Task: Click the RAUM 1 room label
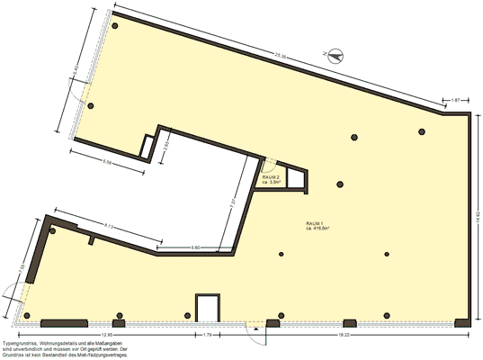pyautogui.click(x=316, y=223)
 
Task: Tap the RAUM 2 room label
pyautogui.click(x=272, y=177)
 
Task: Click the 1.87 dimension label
pyautogui.click(x=455, y=97)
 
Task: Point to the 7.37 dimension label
pyautogui.click(x=232, y=202)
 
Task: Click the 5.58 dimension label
pyautogui.click(x=108, y=162)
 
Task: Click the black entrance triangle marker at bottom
pyautogui.click(x=257, y=329)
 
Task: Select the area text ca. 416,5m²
pyautogui.click(x=318, y=229)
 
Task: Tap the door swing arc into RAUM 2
pyautogui.click(x=266, y=164)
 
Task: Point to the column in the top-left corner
pyautogui.click(x=115, y=25)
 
